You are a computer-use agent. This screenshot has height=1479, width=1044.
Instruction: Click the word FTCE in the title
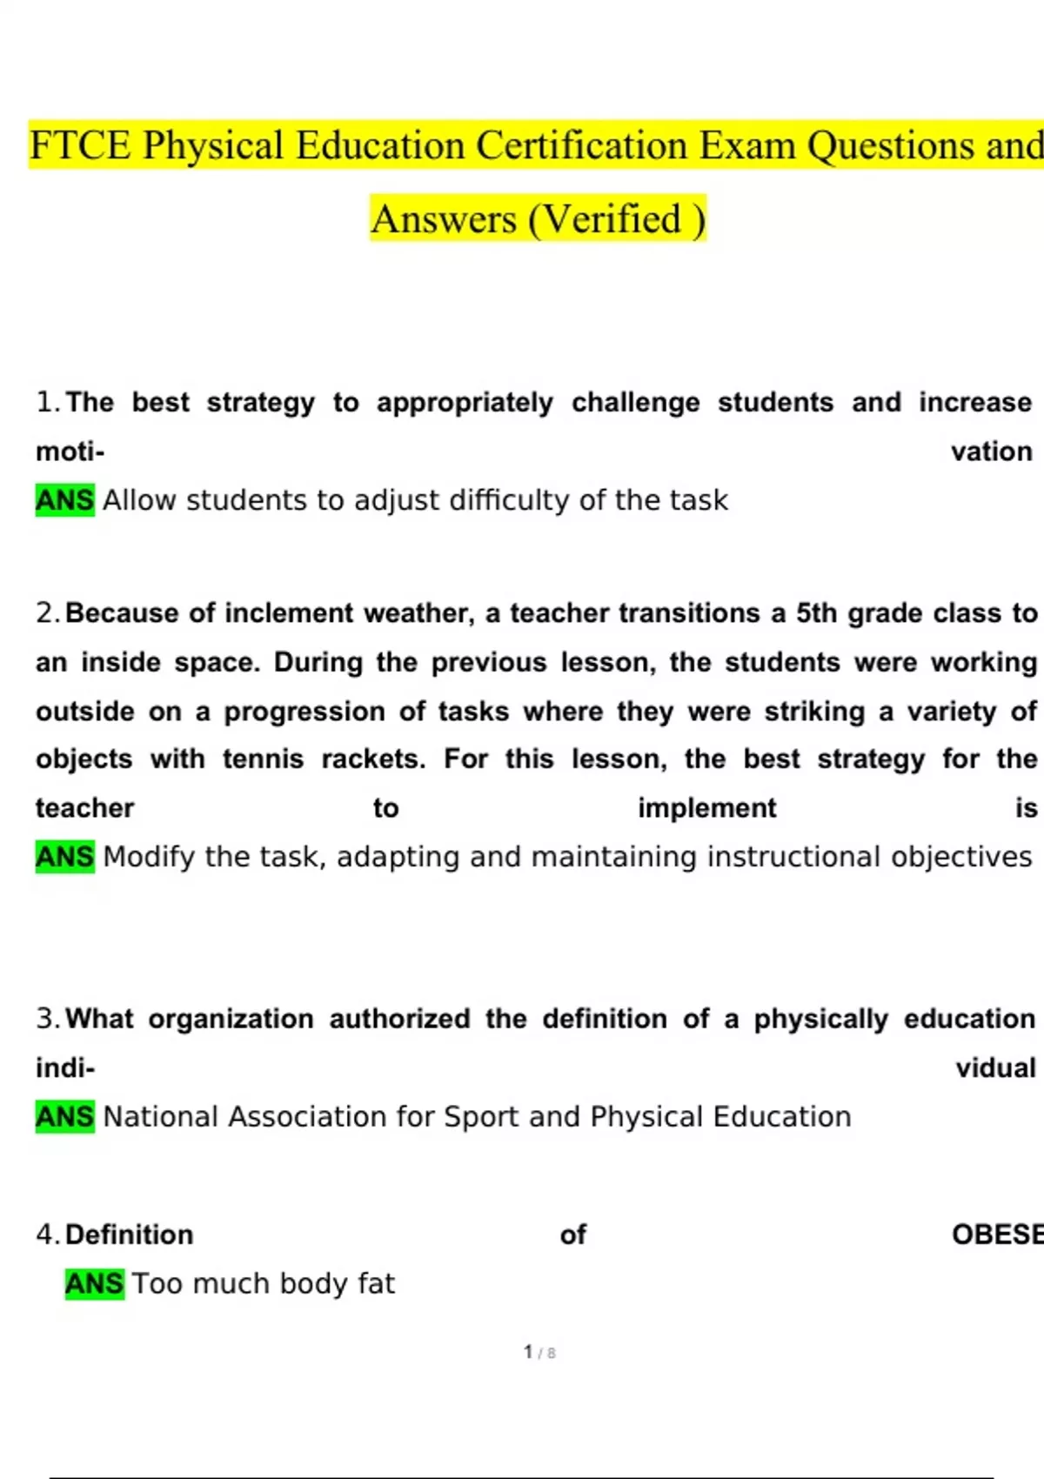tap(81, 145)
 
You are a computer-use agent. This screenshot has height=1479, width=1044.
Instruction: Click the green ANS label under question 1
tap(64, 500)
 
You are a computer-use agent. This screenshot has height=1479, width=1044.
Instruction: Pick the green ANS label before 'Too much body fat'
tap(94, 1283)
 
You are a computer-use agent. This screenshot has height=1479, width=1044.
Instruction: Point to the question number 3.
tap(47, 1018)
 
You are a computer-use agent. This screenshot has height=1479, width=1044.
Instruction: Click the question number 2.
tap(47, 612)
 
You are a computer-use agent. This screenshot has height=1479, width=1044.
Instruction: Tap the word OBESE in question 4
tap(997, 1235)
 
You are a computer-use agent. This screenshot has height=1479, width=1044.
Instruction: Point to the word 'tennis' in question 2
tap(263, 759)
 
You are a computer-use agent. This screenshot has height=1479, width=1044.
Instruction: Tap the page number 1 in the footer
tap(528, 1352)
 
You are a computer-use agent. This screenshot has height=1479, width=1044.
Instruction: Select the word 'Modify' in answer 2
tap(149, 857)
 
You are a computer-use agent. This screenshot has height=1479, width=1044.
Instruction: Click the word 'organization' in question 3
tap(231, 1018)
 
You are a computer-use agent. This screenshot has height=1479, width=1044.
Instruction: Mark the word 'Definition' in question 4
tap(129, 1235)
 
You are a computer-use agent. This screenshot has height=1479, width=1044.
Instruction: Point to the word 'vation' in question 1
tap(991, 452)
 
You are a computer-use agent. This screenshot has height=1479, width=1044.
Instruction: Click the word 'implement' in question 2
tap(706, 808)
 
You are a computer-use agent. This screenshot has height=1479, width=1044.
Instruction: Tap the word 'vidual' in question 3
tap(995, 1067)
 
